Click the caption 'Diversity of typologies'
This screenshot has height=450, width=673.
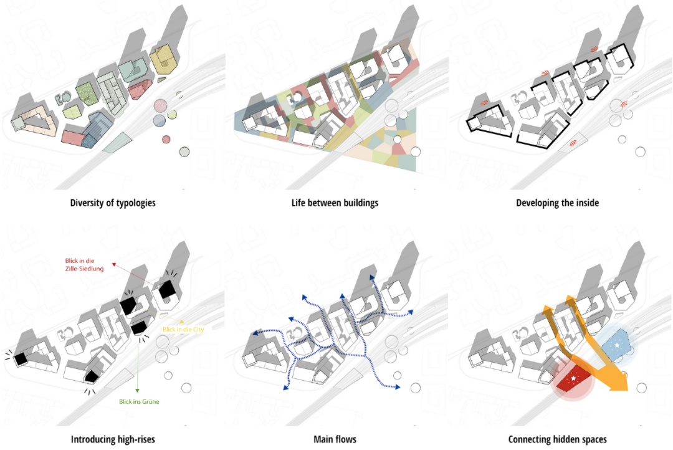[x=113, y=203]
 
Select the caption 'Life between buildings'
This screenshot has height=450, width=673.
[x=335, y=203]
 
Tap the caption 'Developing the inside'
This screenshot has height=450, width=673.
[x=557, y=203]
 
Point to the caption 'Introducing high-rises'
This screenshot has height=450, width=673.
[x=113, y=439]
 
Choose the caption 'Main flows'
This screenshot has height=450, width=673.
[x=335, y=439]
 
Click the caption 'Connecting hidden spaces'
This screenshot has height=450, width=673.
[x=557, y=439]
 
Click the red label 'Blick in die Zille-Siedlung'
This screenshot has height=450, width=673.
[x=87, y=264]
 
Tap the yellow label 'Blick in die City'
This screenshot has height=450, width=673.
[x=183, y=329]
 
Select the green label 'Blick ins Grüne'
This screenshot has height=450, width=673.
[x=139, y=402]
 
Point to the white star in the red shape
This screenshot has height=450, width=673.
[x=573, y=378]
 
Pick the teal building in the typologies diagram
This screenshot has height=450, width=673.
[x=132, y=70]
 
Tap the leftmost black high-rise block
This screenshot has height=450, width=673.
[x=21, y=358]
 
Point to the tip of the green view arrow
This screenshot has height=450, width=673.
[x=138, y=391]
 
